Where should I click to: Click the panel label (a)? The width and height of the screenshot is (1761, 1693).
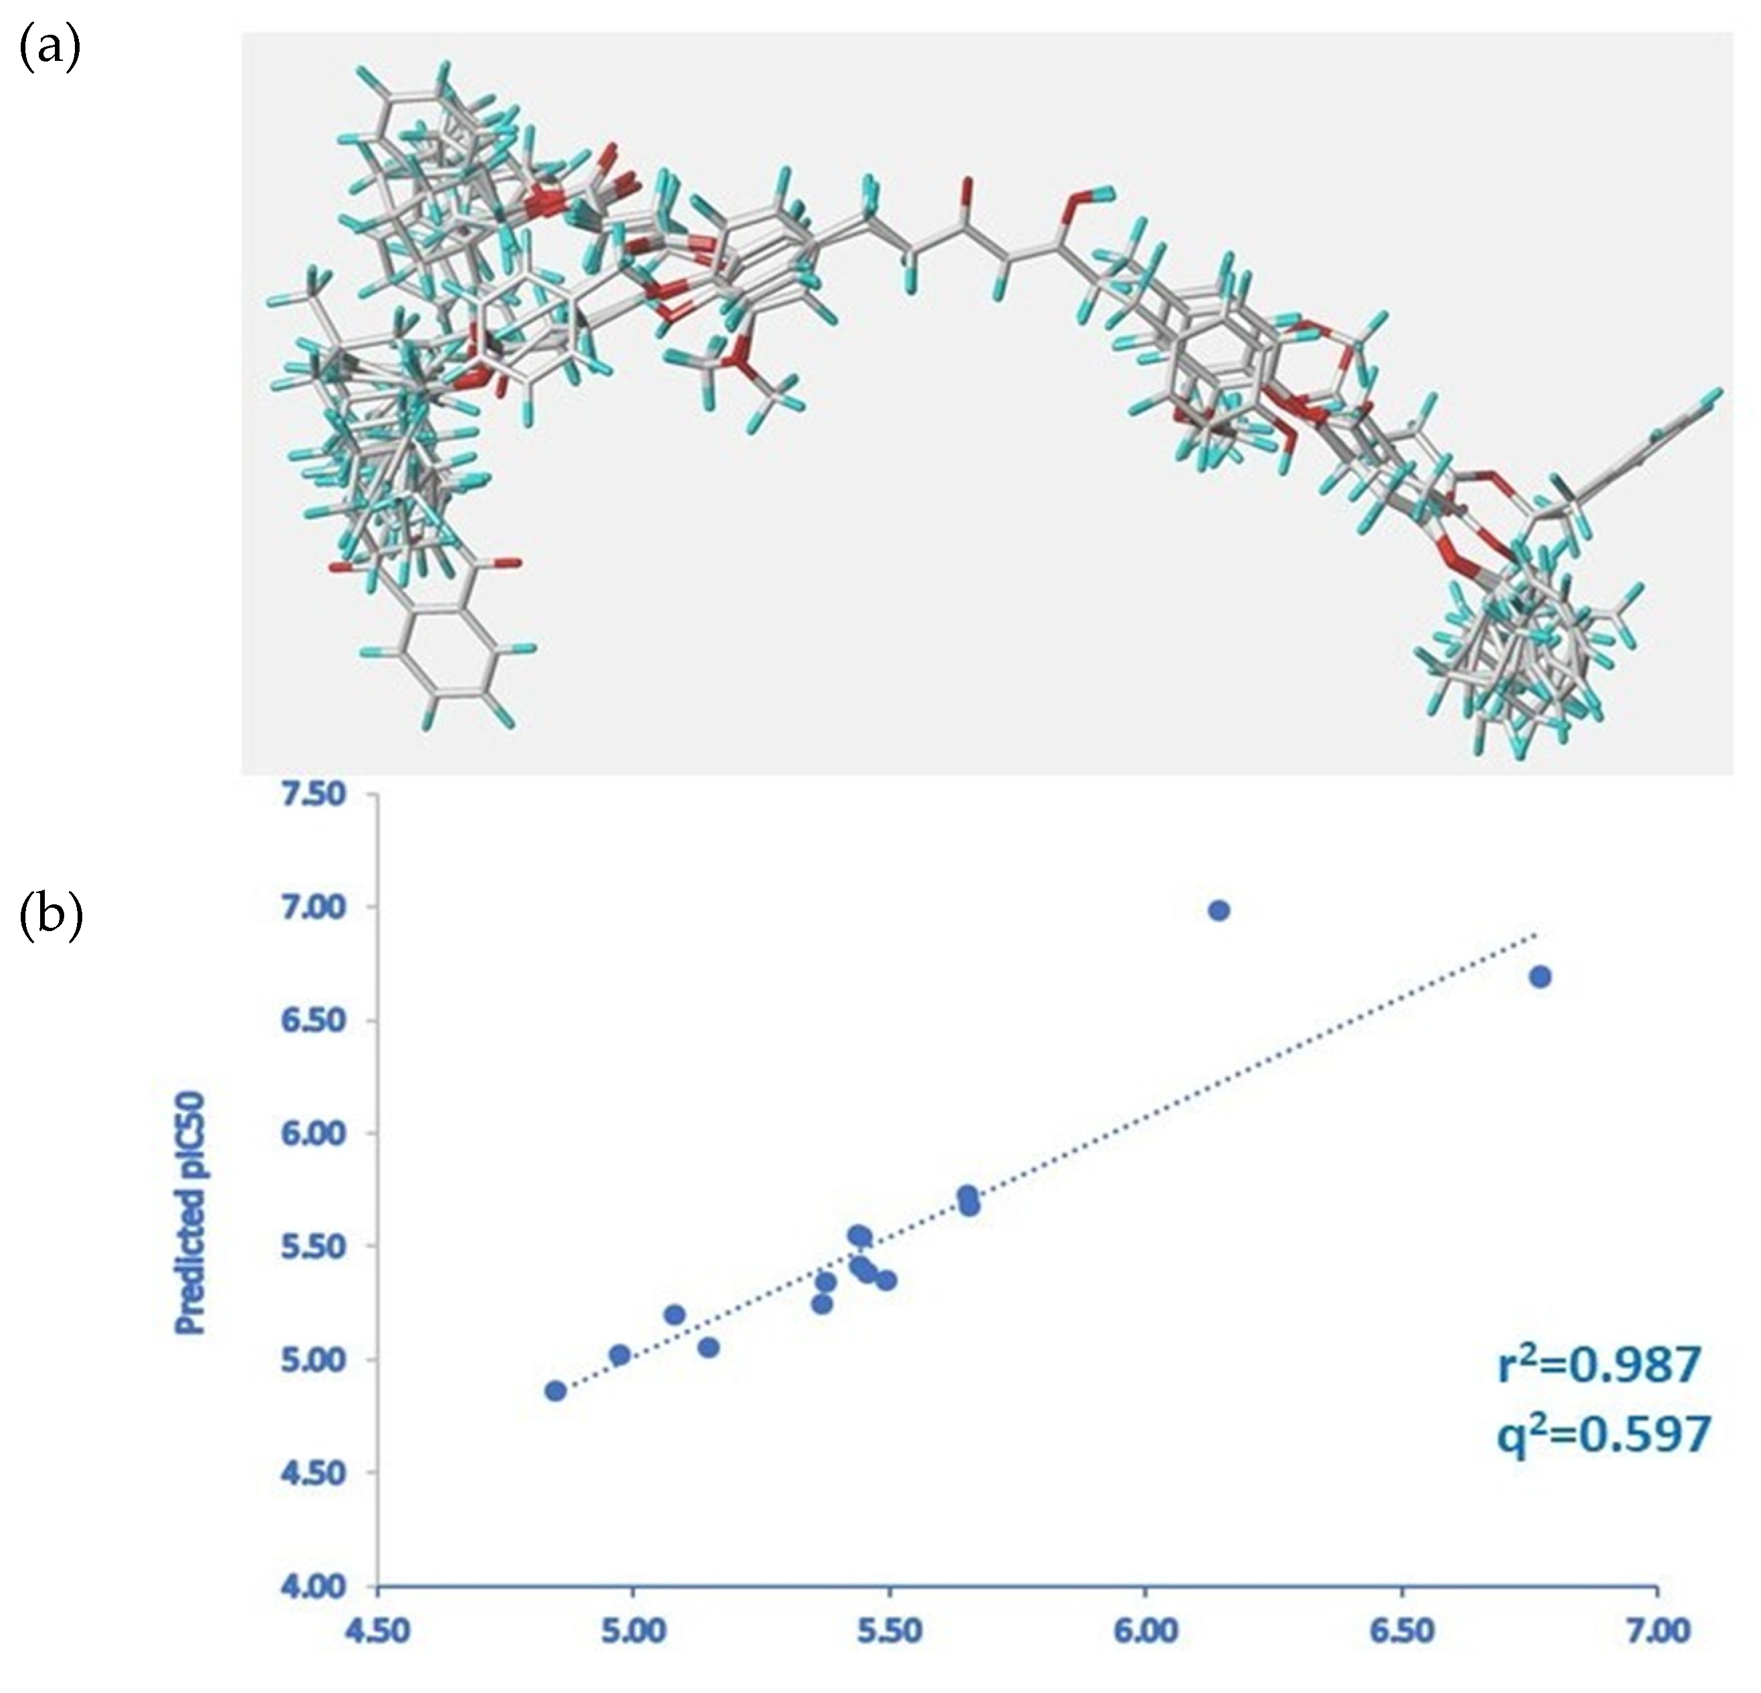point(49,49)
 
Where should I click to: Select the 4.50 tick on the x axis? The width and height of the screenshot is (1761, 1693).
point(377,1631)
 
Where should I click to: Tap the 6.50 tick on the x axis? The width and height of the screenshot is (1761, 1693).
point(1402,1631)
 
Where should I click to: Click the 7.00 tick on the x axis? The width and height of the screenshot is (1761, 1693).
point(1658,1631)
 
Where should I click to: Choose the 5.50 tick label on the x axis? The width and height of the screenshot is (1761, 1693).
point(890,1631)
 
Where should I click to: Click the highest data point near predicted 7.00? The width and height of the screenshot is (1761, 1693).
point(1219,910)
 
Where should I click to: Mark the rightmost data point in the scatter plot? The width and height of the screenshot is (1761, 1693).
point(1541,977)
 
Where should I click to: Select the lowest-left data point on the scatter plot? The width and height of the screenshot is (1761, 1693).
point(555,1391)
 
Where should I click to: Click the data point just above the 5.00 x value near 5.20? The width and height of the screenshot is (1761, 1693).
point(675,1314)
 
